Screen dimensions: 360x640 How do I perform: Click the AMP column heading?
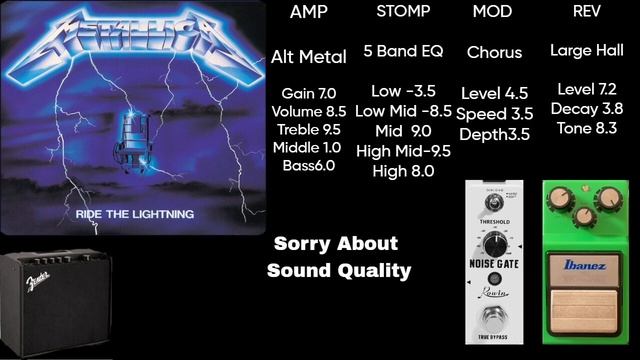pos(309,13)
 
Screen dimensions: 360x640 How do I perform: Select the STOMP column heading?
pos(404,13)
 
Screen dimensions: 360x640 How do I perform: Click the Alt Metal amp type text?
pos(309,57)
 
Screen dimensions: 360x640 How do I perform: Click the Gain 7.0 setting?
pos(309,93)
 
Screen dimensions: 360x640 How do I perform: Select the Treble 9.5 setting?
pos(309,129)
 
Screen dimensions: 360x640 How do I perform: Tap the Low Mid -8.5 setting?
pos(404,111)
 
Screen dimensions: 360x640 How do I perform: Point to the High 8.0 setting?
pos(403,171)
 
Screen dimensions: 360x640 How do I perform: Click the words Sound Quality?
pos(339,270)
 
